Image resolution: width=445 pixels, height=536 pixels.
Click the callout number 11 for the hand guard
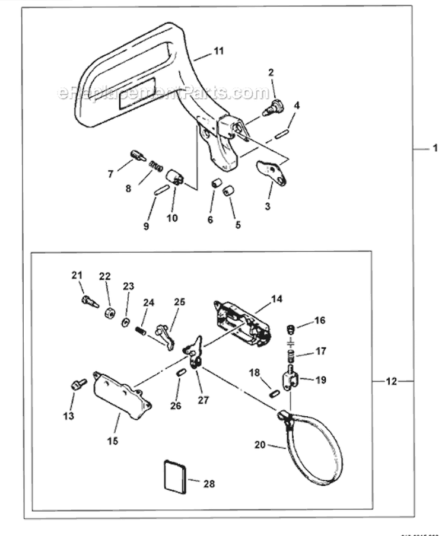[218, 52]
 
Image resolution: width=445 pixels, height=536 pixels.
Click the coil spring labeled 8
[155, 166]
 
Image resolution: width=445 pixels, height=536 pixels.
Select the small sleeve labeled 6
[217, 182]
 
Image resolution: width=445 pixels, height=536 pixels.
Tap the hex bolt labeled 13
[75, 385]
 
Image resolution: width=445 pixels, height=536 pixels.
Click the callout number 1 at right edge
[435, 149]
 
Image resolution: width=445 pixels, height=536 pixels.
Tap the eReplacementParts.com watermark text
[163, 93]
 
